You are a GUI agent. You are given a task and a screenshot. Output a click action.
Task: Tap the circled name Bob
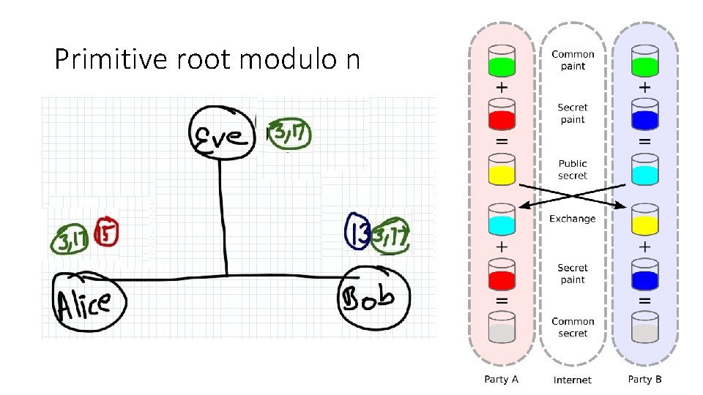pos(374,296)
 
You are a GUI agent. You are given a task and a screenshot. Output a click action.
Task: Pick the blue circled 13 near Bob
pos(357,231)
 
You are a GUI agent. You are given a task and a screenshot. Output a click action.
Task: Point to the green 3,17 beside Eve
pos(289,135)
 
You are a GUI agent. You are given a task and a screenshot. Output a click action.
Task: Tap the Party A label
pos(502,379)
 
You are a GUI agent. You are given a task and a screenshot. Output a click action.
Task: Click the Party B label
pos(645,379)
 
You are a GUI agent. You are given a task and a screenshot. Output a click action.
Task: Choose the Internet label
pos(573,380)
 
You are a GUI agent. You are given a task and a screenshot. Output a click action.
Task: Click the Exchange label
pos(573,218)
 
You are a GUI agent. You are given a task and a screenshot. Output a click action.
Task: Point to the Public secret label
pos(573,170)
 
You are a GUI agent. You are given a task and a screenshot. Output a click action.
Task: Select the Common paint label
pos(573,60)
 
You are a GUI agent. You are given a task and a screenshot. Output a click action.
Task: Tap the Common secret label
pos(573,327)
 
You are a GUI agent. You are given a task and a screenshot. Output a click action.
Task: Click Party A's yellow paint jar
pos(502,169)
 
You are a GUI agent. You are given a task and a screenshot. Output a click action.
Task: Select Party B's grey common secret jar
pos(644,327)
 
